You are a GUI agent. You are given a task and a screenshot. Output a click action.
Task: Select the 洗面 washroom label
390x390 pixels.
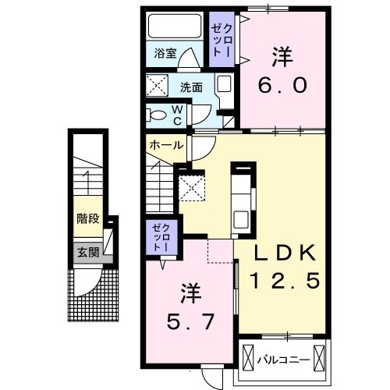(192, 87)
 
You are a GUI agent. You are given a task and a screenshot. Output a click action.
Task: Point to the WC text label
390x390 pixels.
(177, 115)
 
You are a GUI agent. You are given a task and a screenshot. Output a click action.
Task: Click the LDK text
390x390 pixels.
(284, 251)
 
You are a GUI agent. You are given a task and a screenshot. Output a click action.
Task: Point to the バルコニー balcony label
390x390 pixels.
(283, 360)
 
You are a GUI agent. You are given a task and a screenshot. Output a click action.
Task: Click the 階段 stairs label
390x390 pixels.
(87, 218)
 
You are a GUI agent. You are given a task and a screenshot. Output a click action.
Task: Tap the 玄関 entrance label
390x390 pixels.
(87, 251)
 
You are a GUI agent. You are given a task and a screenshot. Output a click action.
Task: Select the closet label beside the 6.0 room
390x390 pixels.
(219, 39)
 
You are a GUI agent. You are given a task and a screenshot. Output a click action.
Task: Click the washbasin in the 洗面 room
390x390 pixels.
(224, 85)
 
